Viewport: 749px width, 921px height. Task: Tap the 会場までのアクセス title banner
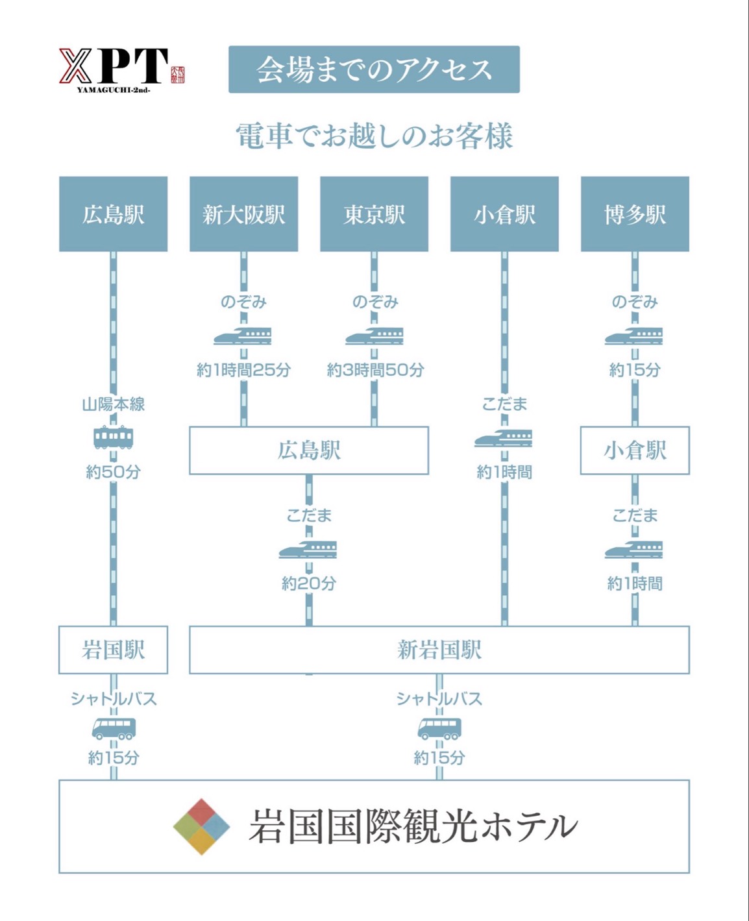374,69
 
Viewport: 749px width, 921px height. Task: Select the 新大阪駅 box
243,214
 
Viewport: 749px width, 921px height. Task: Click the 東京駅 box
374,214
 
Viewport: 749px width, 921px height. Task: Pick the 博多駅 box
635,214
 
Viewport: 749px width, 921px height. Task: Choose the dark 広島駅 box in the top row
114,214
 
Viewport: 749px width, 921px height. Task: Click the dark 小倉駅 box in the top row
504,214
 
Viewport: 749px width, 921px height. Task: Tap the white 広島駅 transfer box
309,450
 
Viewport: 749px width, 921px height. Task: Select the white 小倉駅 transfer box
635,450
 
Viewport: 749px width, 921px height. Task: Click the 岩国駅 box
114,650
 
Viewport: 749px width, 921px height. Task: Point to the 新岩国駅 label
439,650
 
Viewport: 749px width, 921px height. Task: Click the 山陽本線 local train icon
114,437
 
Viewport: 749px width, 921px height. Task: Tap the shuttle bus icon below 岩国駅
114,728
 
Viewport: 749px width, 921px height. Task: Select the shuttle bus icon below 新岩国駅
439,728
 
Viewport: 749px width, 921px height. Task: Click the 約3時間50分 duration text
375,370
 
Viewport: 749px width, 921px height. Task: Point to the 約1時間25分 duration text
243,370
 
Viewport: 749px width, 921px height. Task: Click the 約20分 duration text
309,583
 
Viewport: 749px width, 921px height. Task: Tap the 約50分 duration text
114,472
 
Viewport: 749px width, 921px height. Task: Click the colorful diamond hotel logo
201,826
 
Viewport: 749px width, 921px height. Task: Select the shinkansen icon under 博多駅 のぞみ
633,336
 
